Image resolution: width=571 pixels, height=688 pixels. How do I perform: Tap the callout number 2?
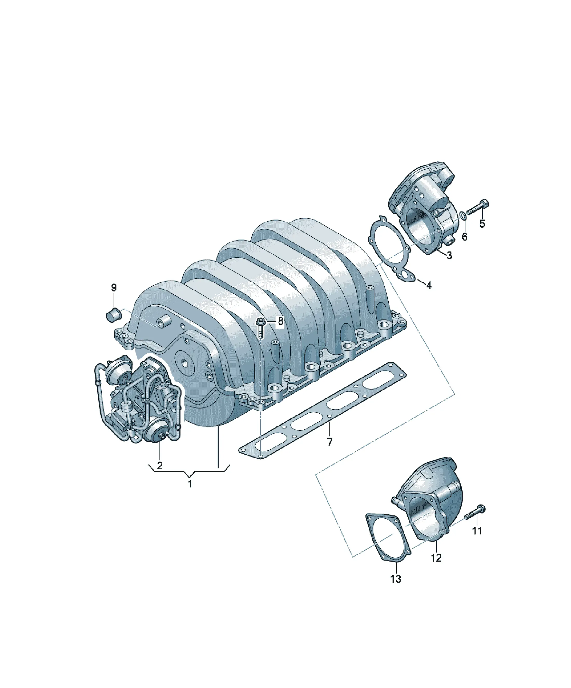pos(160,466)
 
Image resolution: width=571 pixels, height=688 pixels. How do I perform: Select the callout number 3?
pos(449,255)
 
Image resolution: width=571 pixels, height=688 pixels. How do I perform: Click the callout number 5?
pos(482,224)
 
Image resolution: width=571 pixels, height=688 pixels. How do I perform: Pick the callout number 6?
pos(465,236)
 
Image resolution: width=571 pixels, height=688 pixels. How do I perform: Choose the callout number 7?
pos(330,442)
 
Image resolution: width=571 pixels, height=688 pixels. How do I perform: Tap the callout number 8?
pos(280,321)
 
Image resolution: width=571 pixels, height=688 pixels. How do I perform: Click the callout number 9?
pos(114,288)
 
